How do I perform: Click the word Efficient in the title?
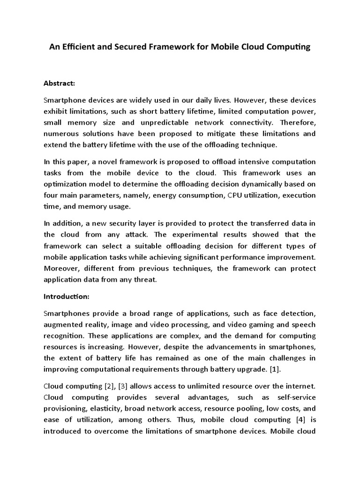coord(78,47)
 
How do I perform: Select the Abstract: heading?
coord(60,83)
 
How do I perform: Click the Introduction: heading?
coord(66,296)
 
